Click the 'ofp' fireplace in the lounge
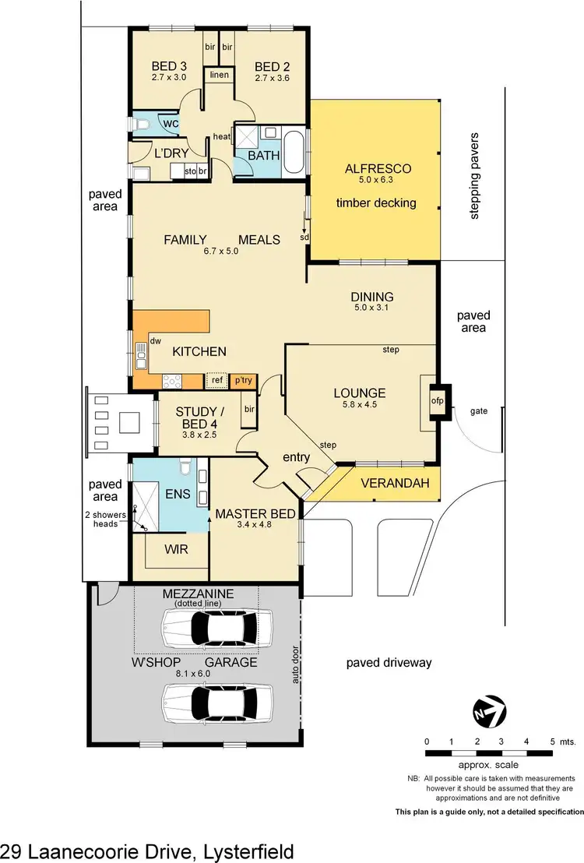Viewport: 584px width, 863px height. [436, 401]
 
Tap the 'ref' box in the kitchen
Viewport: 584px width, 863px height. [217, 380]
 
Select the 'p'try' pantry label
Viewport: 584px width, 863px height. [243, 380]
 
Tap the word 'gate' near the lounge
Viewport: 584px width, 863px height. [478, 410]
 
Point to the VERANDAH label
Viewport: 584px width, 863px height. [396, 484]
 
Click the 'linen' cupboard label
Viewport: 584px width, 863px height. [219, 75]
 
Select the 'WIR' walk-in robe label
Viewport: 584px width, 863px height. [176, 548]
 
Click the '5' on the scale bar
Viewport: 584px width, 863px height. [552, 741]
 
